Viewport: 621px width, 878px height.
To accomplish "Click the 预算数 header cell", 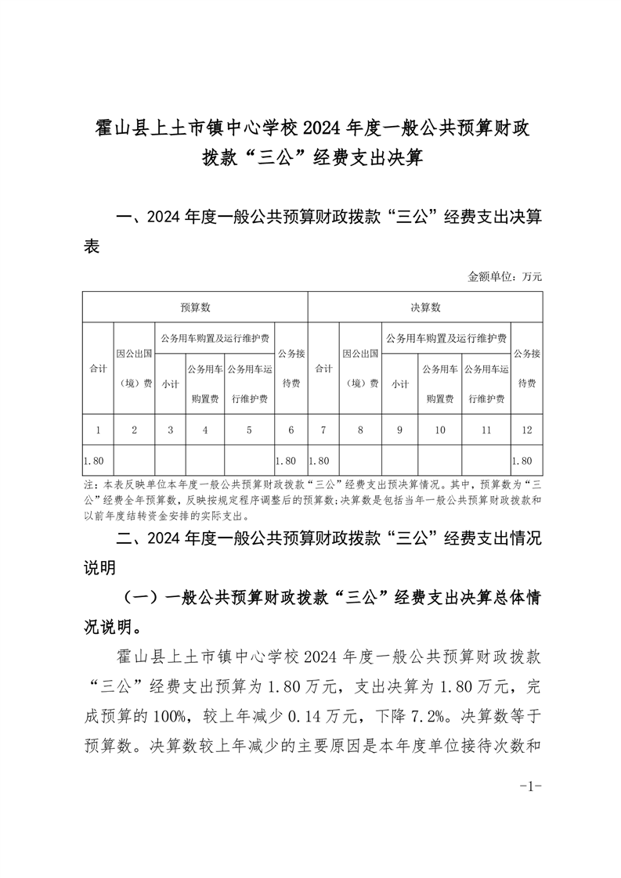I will (x=195, y=308).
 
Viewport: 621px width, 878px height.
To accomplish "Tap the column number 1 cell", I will (x=97, y=430).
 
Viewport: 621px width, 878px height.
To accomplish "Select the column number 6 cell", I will (x=291, y=430).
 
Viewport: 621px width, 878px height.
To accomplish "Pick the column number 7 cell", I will (x=323, y=430).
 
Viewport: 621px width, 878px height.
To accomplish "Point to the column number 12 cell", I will (x=525, y=430).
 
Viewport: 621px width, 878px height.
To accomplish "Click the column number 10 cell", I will (x=440, y=430).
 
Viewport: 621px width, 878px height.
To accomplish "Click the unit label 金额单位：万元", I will (x=504, y=276).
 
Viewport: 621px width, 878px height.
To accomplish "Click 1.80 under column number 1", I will (x=94, y=460).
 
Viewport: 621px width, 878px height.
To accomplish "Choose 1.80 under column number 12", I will (x=522, y=460).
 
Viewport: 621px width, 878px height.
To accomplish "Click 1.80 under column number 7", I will (x=320, y=460).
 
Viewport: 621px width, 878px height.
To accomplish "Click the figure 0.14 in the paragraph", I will (x=302, y=714).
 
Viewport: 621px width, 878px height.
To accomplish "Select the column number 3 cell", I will (x=170, y=430).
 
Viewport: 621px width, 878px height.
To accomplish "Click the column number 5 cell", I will (x=249, y=430).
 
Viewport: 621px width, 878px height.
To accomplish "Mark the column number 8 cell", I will (x=360, y=430).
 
